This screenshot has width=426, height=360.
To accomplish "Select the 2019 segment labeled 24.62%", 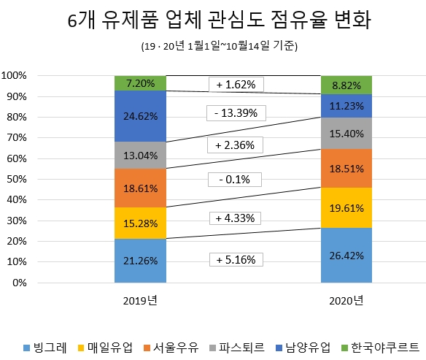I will coord(140,116).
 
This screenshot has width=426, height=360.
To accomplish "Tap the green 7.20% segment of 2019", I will coord(140,83).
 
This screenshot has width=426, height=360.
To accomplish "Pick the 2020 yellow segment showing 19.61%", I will coord(346,207).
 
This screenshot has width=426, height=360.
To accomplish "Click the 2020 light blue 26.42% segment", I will coord(346,256).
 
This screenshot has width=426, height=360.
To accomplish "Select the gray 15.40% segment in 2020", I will coord(346,134).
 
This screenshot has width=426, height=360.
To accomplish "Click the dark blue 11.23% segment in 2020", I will coord(346,106).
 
